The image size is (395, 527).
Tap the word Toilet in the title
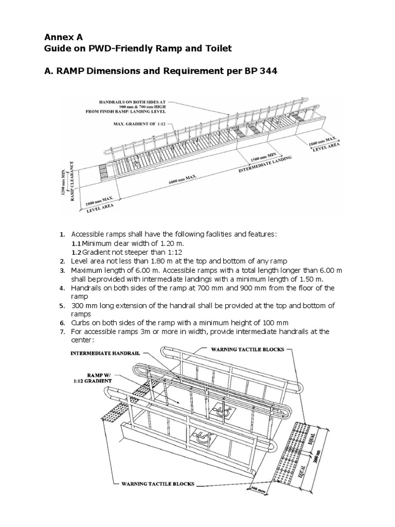(x=216, y=48)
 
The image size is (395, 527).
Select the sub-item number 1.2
(x=76, y=252)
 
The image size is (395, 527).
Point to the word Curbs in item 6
(x=80, y=323)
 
